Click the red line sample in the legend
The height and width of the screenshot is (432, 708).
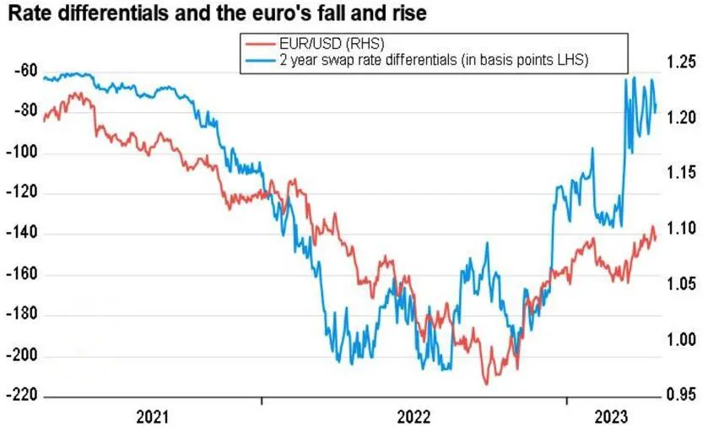259,44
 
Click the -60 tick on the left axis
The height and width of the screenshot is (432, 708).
26,72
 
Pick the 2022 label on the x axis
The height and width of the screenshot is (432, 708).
413,417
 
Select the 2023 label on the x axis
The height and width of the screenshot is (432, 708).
611,417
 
